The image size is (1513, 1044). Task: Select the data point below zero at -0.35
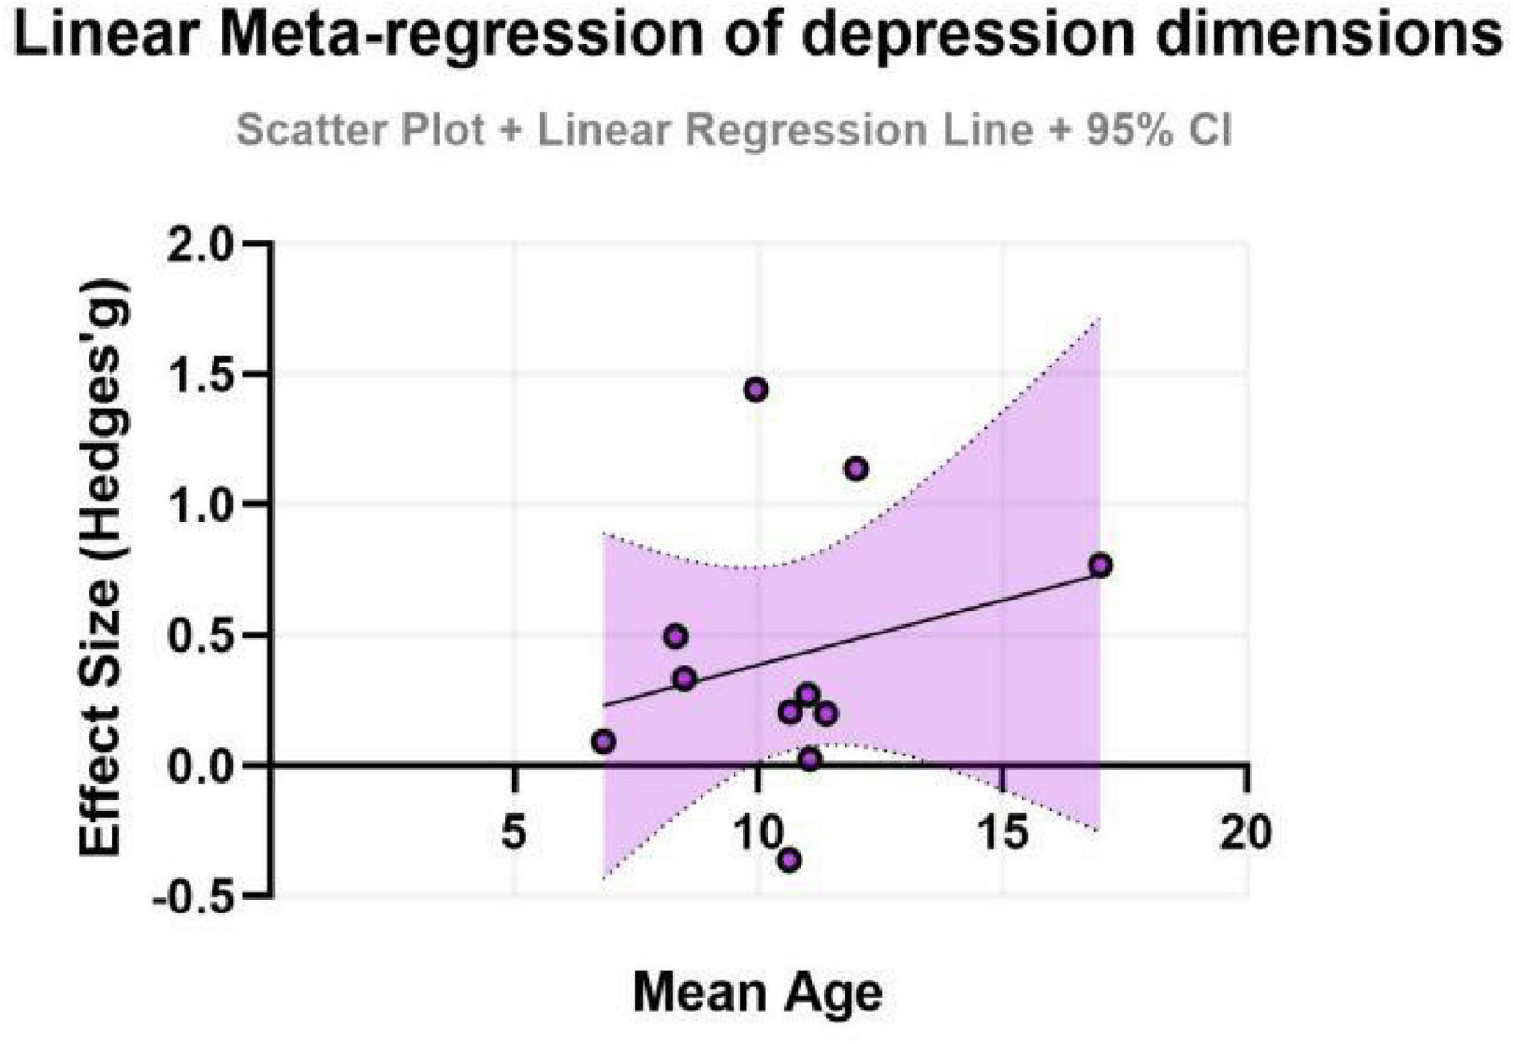[x=790, y=859]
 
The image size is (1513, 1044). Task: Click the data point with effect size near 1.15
[x=856, y=469]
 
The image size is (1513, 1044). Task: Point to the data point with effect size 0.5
[x=676, y=636]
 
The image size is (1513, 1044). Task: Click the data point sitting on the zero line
[x=810, y=759]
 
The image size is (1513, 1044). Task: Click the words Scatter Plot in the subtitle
[x=360, y=130]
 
